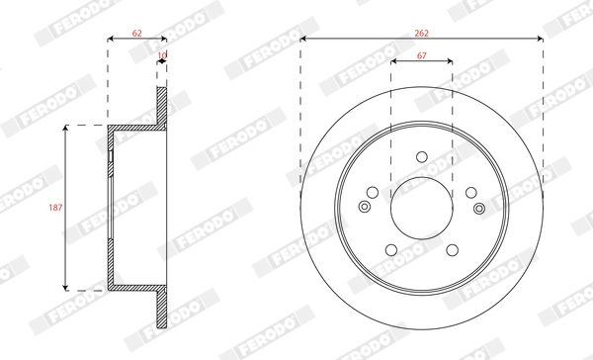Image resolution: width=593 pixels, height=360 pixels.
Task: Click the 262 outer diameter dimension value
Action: click(422, 33)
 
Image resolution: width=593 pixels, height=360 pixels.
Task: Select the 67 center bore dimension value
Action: click(422, 56)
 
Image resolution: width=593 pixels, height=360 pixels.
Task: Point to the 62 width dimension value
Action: click(136, 33)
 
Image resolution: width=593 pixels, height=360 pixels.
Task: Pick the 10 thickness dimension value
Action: click(162, 56)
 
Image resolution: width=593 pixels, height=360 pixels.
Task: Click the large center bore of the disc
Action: click(422, 207)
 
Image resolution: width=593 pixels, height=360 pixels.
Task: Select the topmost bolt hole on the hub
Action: click(422, 156)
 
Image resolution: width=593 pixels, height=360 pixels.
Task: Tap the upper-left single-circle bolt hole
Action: click(374, 192)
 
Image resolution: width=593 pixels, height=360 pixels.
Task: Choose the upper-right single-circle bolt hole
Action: click(470, 192)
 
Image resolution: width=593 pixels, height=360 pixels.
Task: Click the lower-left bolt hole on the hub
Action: click(392, 248)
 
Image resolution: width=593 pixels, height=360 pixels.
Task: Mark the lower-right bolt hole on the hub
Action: click(452, 248)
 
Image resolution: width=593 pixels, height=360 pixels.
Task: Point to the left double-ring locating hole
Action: click(364, 207)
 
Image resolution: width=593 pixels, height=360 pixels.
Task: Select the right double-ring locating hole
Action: click(480, 207)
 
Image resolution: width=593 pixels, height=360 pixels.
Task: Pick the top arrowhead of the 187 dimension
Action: click(66, 130)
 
